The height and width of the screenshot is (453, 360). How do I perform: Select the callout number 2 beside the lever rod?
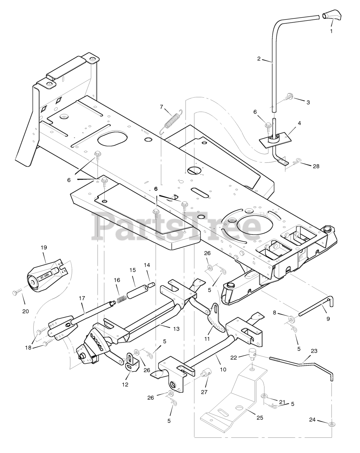[259, 59]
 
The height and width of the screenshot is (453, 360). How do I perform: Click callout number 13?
[176, 329]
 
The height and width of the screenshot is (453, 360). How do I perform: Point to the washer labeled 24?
[332, 424]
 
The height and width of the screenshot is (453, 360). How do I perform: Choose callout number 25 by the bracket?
[259, 418]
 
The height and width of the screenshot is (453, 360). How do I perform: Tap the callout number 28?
[316, 166]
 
